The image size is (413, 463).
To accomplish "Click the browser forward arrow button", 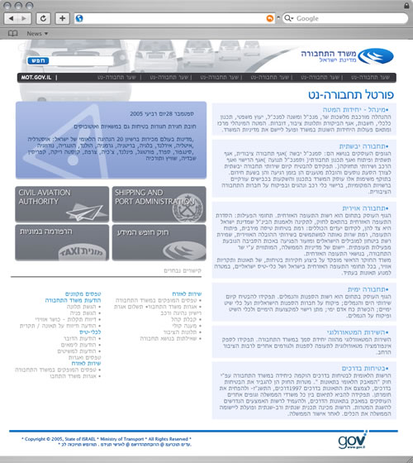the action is (x=31, y=17).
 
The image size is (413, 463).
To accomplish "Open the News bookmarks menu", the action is (x=37, y=34).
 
